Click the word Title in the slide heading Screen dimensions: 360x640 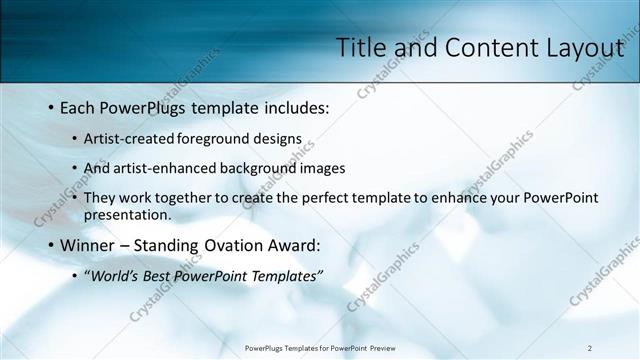(x=359, y=47)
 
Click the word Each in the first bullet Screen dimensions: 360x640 (x=79, y=108)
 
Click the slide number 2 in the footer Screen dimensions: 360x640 (x=589, y=348)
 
